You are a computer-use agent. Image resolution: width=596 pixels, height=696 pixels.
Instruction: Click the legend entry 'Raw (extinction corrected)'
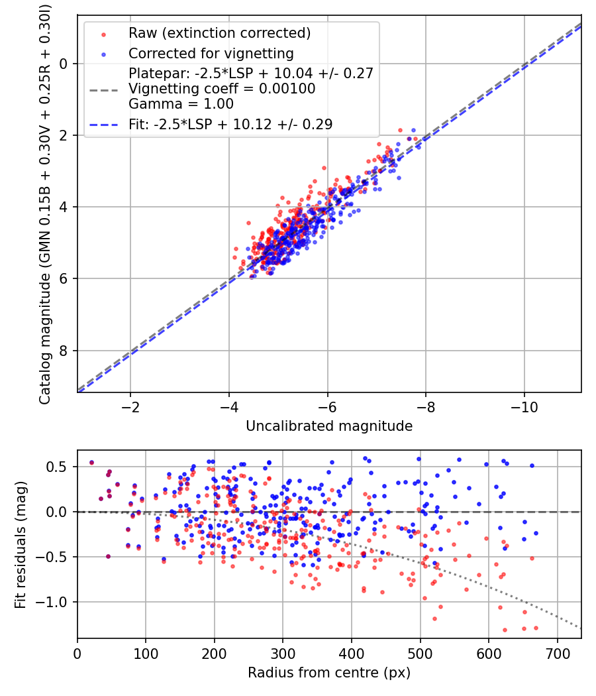pos(220,33)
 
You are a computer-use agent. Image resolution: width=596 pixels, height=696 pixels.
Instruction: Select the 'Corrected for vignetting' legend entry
pos(211,53)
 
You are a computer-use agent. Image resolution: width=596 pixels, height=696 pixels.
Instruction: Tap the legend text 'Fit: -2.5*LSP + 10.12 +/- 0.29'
pos(230,124)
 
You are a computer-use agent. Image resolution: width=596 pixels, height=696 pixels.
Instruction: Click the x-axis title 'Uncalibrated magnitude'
pos(329,426)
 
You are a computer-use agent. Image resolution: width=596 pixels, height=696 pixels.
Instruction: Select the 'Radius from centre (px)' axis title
pos(329,673)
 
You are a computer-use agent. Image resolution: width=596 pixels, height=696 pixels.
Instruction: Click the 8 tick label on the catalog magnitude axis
pos(64,350)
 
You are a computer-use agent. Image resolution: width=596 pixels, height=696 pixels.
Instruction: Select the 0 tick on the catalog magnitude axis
pos(64,64)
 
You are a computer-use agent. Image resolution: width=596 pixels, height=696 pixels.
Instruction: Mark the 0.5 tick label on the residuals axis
pos(58,467)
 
